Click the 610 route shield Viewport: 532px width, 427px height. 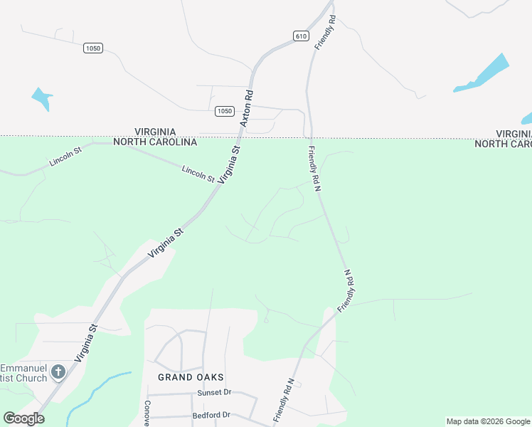[x=301, y=36]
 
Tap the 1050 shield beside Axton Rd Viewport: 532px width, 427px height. [x=224, y=111]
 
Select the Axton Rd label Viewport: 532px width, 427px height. [x=246, y=108]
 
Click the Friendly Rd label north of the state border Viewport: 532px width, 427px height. [x=324, y=31]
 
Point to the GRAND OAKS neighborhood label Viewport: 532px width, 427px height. [x=191, y=377]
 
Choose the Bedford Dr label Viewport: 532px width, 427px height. [x=211, y=415]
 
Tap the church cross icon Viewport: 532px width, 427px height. [x=58, y=371]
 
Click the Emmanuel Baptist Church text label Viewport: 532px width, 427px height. [x=23, y=373]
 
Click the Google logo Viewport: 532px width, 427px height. [x=23, y=418]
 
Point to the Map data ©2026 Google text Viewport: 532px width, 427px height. [x=488, y=421]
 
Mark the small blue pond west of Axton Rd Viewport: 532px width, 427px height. [x=42, y=97]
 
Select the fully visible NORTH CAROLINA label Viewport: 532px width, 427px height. [x=165, y=142]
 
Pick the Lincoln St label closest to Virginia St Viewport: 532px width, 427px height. [x=198, y=174]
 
